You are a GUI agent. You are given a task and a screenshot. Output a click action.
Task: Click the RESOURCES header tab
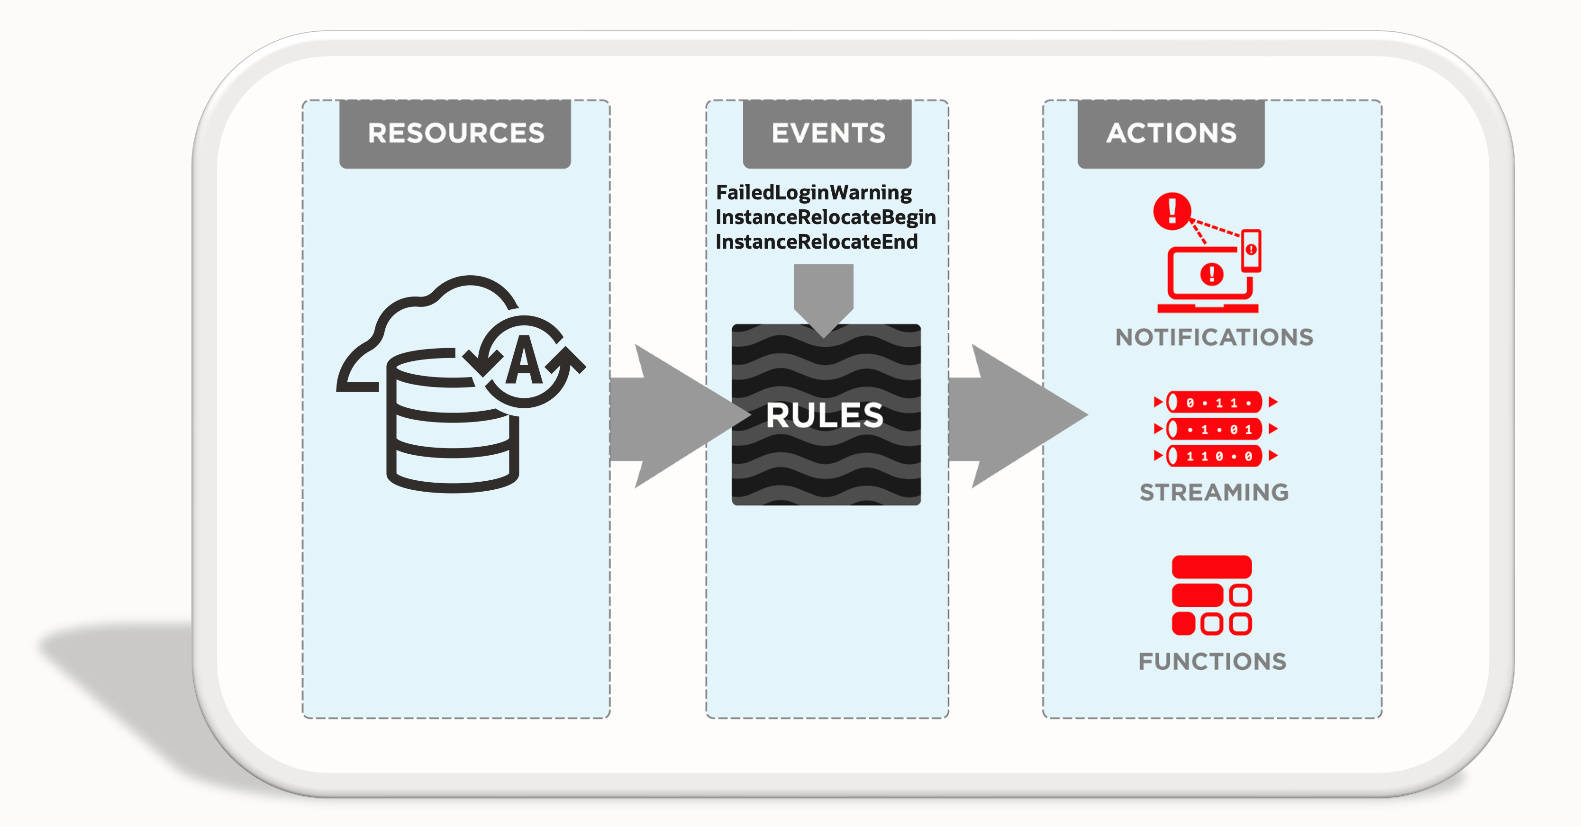455,133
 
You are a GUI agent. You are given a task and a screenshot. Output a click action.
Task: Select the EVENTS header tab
827,133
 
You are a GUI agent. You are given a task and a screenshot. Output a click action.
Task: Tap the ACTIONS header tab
1171,133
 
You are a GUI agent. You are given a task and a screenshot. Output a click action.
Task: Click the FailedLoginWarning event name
814,193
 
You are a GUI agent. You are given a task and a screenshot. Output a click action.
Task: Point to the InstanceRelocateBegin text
826,217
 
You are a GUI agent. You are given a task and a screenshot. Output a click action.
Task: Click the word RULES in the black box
825,415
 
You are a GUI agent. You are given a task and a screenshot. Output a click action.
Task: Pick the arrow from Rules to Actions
1013,416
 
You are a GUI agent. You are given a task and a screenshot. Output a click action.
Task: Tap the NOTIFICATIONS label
1214,337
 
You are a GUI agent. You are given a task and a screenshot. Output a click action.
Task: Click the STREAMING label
1214,492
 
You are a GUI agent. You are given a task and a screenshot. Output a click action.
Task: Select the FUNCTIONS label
1212,661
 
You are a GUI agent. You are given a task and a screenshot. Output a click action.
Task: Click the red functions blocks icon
1211,595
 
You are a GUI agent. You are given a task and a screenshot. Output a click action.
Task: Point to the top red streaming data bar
1214,403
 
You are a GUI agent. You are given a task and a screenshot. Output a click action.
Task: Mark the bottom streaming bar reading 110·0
1214,456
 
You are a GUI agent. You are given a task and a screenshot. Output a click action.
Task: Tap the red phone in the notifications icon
1251,250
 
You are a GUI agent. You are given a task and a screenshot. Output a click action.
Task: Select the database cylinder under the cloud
452,430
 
